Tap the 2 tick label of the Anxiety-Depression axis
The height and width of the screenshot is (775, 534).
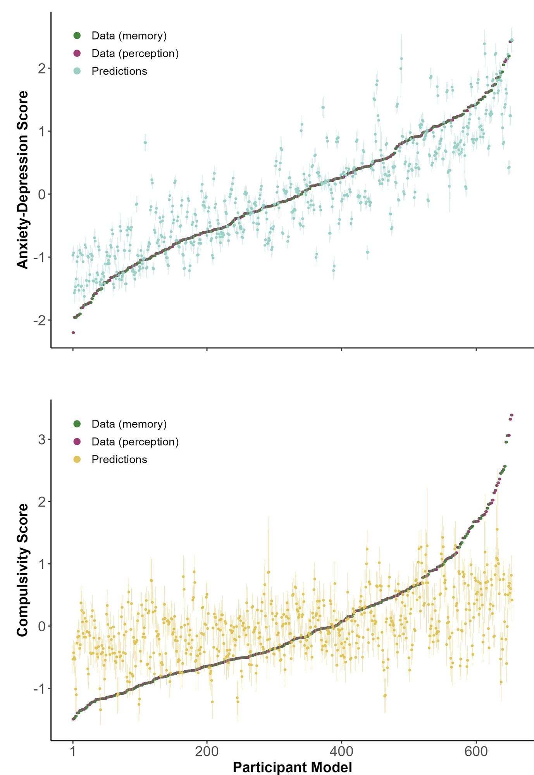click(42, 69)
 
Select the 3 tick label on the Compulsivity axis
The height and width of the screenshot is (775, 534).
click(42, 439)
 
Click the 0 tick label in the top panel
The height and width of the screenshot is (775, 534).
click(42, 195)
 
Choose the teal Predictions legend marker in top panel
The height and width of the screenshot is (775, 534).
click(77, 71)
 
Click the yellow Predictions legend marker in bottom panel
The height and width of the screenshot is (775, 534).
click(77, 460)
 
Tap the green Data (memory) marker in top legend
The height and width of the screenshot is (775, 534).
click(77, 36)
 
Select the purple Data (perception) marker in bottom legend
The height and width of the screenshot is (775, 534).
click(77, 442)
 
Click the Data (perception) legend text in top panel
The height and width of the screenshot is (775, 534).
click(135, 53)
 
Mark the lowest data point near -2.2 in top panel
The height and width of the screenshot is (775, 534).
click(73, 332)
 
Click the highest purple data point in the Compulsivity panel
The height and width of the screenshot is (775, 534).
click(512, 415)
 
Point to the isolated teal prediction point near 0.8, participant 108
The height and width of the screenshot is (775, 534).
click(145, 143)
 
